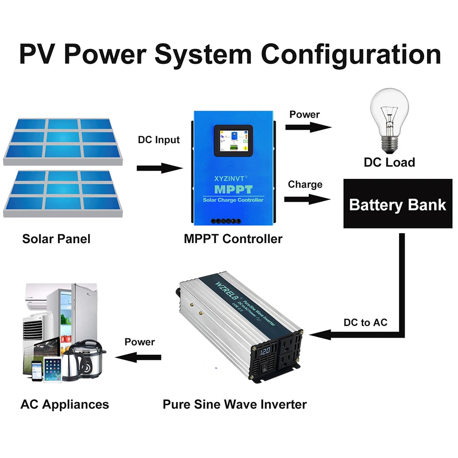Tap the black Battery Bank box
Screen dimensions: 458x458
coord(397,203)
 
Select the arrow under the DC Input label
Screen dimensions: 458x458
coord(159,168)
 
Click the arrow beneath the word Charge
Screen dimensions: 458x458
coord(307,199)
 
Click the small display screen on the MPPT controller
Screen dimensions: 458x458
coord(234,141)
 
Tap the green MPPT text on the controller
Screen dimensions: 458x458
coord(233,189)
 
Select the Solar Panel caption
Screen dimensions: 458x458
coord(57,239)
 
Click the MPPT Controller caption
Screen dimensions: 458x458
coord(233,239)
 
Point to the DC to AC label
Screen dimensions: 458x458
coord(365,323)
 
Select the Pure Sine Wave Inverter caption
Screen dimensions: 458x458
coord(234,404)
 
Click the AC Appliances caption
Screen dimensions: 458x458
coord(65,404)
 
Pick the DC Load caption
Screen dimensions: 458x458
coord(389,162)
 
